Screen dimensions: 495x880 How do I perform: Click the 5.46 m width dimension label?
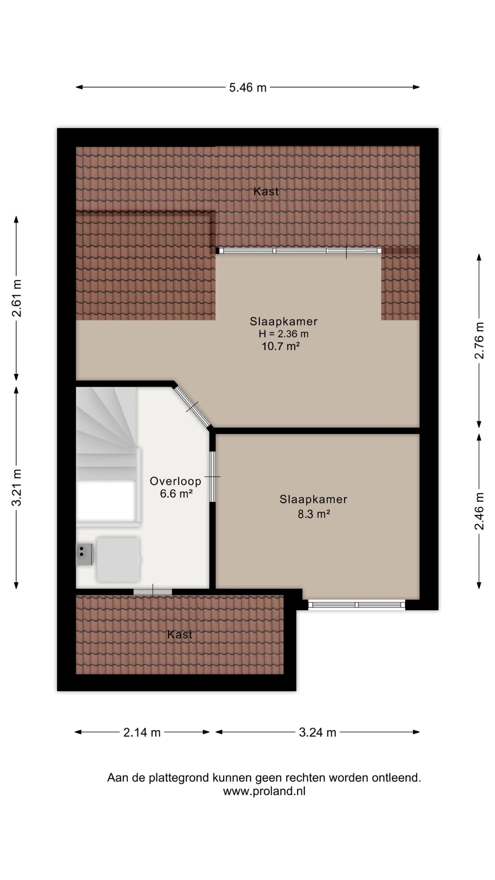click(248, 88)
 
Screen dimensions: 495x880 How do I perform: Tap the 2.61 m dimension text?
click(17, 298)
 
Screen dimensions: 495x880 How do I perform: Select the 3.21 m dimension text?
click(17, 487)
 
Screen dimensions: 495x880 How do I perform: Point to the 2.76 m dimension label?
click(479, 341)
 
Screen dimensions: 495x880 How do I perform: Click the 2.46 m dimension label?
click(479, 511)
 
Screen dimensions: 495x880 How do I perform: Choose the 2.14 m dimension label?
click(142, 733)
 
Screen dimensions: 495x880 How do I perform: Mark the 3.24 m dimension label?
click(317, 733)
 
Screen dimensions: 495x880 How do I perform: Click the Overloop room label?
click(175, 481)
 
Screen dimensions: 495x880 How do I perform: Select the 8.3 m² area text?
click(314, 514)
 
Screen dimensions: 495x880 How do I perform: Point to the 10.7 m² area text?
click(280, 346)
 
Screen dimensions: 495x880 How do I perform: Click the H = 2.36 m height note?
click(284, 333)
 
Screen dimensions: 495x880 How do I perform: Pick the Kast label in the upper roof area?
click(266, 191)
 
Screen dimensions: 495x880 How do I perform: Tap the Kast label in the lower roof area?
click(180, 635)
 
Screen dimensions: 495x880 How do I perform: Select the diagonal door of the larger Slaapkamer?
click(192, 407)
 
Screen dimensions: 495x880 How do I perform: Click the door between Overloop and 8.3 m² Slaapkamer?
click(212, 476)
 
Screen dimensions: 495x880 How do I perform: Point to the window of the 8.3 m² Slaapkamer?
click(357, 605)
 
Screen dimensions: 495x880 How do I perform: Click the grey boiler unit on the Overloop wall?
click(84, 554)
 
